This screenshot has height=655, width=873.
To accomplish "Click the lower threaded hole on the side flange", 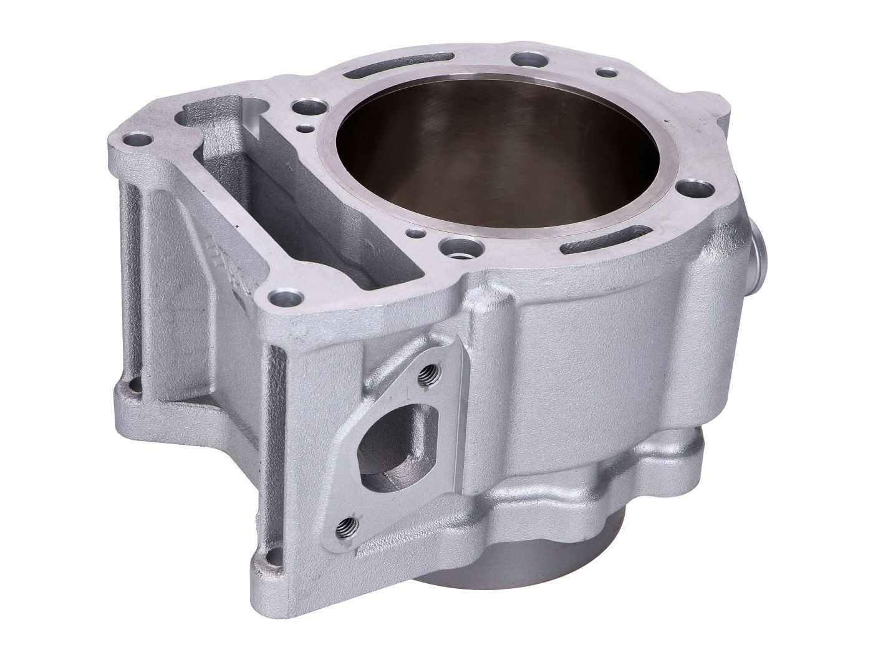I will (x=347, y=524).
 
